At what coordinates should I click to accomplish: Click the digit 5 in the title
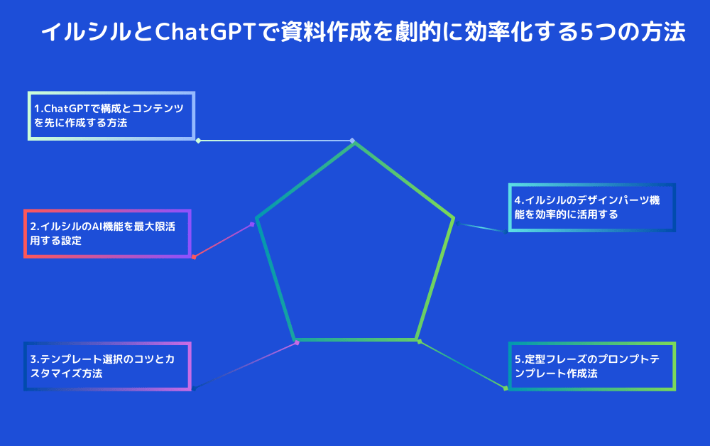pyautogui.click(x=587, y=33)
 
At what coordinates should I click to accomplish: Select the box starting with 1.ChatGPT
pyautogui.click(x=111, y=116)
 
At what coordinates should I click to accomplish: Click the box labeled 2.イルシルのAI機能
pyautogui.click(x=107, y=234)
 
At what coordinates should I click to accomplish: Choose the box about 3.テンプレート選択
pyautogui.click(x=107, y=366)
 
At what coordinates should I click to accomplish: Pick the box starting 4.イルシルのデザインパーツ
pyautogui.click(x=592, y=208)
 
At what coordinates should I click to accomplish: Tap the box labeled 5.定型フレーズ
pyautogui.click(x=592, y=366)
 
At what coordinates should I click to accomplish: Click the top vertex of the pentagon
pyautogui.click(x=354, y=143)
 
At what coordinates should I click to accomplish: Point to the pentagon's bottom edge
pyautogui.click(x=355, y=339)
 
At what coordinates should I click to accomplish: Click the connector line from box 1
pyautogui.click(x=275, y=141)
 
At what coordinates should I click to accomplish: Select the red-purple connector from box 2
pyautogui.click(x=223, y=241)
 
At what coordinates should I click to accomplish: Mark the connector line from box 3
pyautogui.click(x=245, y=366)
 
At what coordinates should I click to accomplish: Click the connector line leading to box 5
pyautogui.click(x=462, y=364)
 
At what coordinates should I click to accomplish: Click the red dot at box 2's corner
pyautogui.click(x=194, y=257)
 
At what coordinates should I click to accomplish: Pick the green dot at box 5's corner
pyautogui.click(x=506, y=388)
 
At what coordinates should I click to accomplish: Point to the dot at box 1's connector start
pyautogui.click(x=198, y=141)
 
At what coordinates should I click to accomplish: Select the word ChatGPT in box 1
pyautogui.click(x=67, y=109)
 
